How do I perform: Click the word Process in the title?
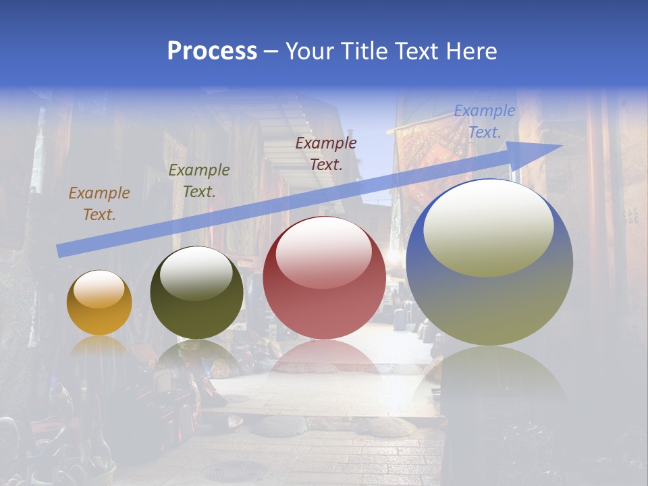212,51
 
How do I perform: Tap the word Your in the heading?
308,51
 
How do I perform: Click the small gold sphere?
99,304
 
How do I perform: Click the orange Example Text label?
99,204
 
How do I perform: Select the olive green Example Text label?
199,181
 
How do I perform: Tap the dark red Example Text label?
326,153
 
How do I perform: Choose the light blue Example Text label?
485,122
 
